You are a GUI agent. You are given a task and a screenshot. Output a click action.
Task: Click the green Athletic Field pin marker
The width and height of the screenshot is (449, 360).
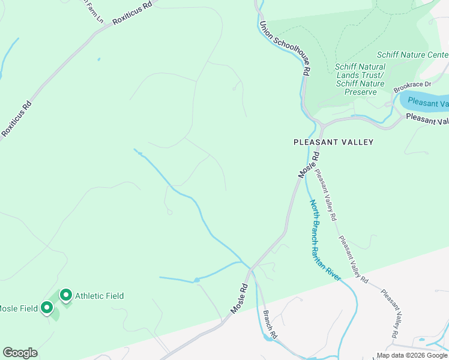pyautogui.click(x=65, y=295)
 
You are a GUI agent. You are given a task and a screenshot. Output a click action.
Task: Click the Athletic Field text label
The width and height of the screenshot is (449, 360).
pyautogui.click(x=99, y=296)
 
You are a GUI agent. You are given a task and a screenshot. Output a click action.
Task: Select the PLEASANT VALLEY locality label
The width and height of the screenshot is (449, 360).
pyautogui.click(x=333, y=142)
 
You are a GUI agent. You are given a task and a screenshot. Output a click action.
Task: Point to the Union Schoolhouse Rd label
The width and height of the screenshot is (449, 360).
pyautogui.click(x=285, y=49)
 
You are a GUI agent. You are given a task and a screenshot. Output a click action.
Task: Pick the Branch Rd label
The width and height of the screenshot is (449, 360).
pyautogui.click(x=270, y=325)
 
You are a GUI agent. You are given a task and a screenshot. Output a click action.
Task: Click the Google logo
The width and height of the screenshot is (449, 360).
pyautogui.click(x=20, y=352)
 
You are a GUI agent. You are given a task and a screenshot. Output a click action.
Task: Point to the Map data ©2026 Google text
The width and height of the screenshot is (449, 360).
pyautogui.click(x=412, y=355)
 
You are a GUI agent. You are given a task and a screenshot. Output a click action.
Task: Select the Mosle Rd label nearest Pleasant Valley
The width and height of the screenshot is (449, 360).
pyautogui.click(x=308, y=164)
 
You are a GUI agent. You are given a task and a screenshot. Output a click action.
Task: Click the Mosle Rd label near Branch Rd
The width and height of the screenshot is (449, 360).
pyautogui.click(x=238, y=298)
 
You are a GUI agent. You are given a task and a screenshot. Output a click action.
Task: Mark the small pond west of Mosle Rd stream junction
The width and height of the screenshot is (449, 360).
pyautogui.click(x=196, y=280)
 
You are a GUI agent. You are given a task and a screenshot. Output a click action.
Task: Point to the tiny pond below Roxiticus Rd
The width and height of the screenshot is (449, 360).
pyautogui.click(x=98, y=59)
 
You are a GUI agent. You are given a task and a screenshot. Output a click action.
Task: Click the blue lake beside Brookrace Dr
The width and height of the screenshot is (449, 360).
pyautogui.click(x=426, y=101)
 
